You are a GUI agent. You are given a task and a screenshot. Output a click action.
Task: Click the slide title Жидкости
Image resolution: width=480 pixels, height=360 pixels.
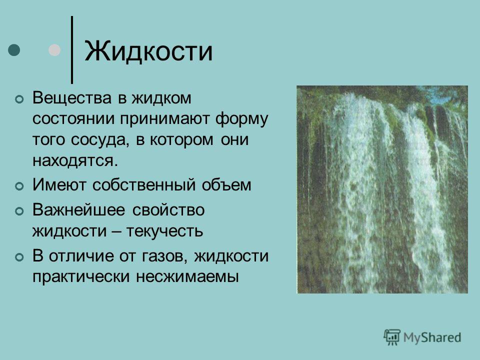(x=148, y=51)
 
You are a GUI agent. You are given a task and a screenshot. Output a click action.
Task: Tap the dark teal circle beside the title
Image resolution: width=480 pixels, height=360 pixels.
(x=14, y=50)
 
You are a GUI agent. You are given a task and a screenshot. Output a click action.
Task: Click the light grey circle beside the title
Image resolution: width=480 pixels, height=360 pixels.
(x=54, y=50)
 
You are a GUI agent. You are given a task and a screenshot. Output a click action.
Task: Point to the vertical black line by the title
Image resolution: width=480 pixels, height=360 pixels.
(x=72, y=49)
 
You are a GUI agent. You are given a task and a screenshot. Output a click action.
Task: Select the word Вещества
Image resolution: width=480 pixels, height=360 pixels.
(x=72, y=98)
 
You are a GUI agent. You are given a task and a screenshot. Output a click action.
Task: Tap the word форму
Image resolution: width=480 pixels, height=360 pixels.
(x=241, y=119)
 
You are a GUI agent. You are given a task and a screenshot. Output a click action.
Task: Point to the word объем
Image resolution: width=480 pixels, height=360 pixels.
(x=226, y=184)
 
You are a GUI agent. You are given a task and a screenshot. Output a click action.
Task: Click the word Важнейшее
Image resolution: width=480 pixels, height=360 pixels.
(x=79, y=210)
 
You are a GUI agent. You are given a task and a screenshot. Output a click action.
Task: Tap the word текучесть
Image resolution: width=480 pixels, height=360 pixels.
(x=164, y=231)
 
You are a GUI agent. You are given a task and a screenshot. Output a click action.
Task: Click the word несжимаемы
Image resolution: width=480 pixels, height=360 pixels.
(x=187, y=276)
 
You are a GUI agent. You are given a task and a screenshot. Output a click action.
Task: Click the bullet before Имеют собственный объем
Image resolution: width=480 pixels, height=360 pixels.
(x=19, y=186)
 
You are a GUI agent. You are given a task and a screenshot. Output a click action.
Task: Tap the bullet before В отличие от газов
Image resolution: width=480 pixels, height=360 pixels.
(x=19, y=257)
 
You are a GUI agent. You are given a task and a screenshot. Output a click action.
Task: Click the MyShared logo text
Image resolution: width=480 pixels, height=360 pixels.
(x=432, y=337)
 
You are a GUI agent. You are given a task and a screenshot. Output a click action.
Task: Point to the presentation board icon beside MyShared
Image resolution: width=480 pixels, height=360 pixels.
(x=392, y=337)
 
